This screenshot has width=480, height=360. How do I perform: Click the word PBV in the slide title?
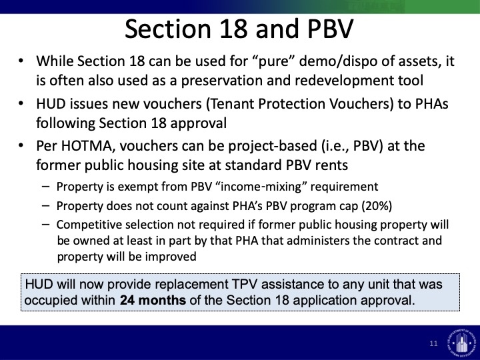coord(330,29)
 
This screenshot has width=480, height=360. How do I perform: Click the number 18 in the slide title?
coord(233,29)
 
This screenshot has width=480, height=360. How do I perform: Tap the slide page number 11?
coord(433,343)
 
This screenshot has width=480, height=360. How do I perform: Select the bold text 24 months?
coord(153,300)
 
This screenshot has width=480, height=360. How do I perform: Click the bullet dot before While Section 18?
coord(21,61)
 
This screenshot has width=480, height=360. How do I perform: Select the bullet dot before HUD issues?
coord(21,103)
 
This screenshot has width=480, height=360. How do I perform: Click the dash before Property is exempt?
coord(45,187)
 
